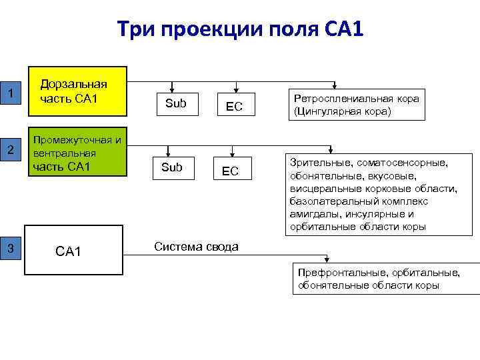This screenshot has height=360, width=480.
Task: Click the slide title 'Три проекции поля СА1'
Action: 240,29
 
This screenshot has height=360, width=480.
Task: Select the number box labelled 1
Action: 11,92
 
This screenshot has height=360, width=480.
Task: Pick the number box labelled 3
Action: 11,249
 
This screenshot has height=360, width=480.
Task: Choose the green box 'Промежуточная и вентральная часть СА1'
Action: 75,152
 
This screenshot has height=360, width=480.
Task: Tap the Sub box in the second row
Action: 172,167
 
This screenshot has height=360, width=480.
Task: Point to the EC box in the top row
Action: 233,106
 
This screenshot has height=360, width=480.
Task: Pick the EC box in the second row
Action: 230,171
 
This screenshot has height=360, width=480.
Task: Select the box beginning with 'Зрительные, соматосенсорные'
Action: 373,194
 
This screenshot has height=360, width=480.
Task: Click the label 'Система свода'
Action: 196,247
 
